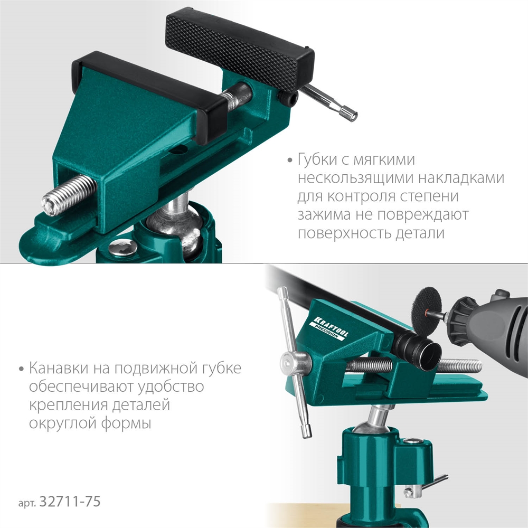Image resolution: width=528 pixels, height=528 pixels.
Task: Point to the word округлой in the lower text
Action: click(x=60, y=423)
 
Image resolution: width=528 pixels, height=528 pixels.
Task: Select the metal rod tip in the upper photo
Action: click(x=348, y=112)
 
